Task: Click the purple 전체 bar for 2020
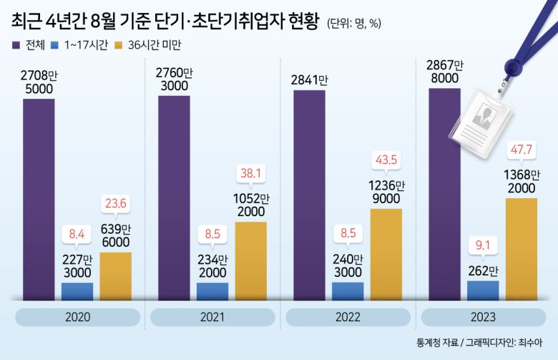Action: coord(39,199)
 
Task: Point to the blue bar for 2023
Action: coord(483,290)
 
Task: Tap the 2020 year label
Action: coord(77,316)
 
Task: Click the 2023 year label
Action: coord(483,316)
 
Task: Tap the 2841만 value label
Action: coord(309,79)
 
